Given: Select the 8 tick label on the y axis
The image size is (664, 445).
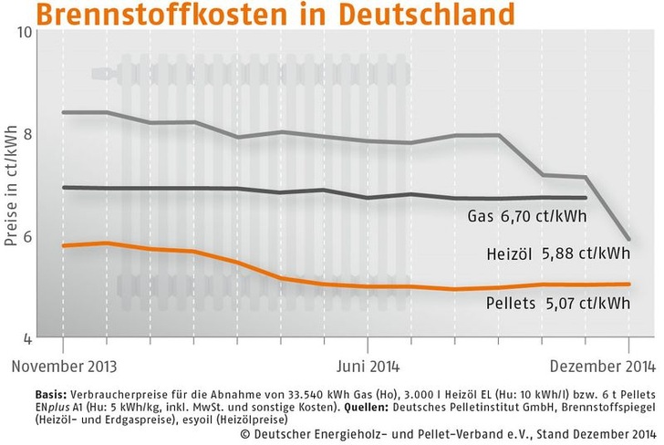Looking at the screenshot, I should pyautogui.click(x=28, y=134).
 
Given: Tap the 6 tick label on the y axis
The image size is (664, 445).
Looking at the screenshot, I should pyautogui.click(x=28, y=236).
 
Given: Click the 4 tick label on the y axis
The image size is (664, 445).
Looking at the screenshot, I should pyautogui.click(x=28, y=338).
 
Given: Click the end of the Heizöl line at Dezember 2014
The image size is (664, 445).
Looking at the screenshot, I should pyautogui.click(x=629, y=239).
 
